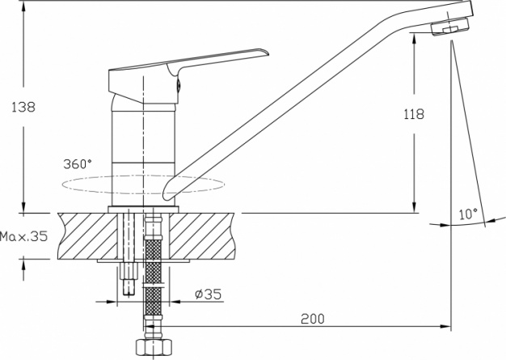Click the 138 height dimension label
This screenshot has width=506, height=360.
23,107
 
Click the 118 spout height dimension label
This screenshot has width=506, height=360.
414,114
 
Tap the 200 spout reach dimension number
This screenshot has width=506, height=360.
313,319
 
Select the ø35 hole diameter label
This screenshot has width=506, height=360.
209,294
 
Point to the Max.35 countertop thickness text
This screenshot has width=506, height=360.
23,236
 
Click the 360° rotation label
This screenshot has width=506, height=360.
78,164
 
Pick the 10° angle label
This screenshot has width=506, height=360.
468,214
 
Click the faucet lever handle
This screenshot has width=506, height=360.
188,76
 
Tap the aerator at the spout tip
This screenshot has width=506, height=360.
450,27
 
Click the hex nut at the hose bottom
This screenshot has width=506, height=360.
154,347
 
